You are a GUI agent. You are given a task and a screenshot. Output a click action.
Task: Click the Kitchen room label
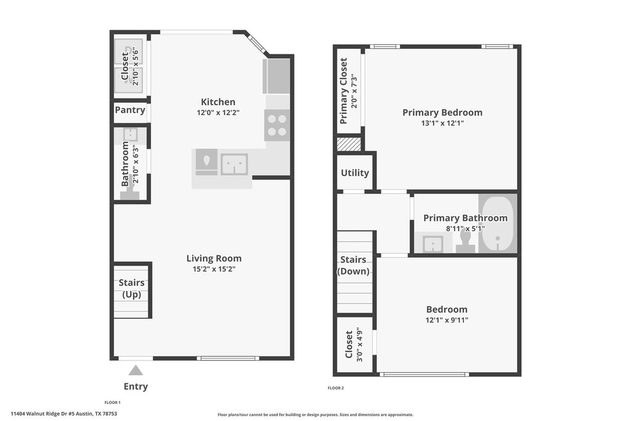click(x=218, y=102)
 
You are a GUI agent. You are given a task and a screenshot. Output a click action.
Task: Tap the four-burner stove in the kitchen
click(x=277, y=125)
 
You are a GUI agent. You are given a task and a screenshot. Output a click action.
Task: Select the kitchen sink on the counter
click(x=234, y=165)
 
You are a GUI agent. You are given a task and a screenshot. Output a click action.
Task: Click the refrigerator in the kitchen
click(x=277, y=76)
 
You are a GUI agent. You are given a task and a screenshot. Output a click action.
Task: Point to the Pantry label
click(x=130, y=110)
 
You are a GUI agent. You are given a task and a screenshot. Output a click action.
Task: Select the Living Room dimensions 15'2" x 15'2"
click(x=214, y=269)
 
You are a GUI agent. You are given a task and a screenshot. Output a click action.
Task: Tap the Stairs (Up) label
click(x=131, y=288)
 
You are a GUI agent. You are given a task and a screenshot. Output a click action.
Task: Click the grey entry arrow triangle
click(x=136, y=370)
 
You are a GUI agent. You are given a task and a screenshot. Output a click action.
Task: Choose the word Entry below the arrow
click(x=136, y=386)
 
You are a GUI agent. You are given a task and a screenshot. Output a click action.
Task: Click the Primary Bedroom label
click(x=442, y=112)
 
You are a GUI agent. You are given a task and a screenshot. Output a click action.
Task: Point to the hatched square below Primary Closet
click(x=348, y=144)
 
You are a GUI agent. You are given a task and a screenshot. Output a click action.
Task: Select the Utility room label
click(x=354, y=173)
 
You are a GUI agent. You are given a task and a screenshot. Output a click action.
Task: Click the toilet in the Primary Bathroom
click(x=465, y=240)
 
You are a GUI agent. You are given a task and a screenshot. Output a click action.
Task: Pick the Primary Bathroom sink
click(x=433, y=244)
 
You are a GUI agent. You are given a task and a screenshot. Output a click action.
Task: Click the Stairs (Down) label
click(x=353, y=266)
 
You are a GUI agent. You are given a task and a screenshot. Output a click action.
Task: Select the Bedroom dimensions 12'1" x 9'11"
click(x=446, y=320)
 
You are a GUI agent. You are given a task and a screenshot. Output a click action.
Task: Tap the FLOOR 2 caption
click(x=335, y=388)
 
